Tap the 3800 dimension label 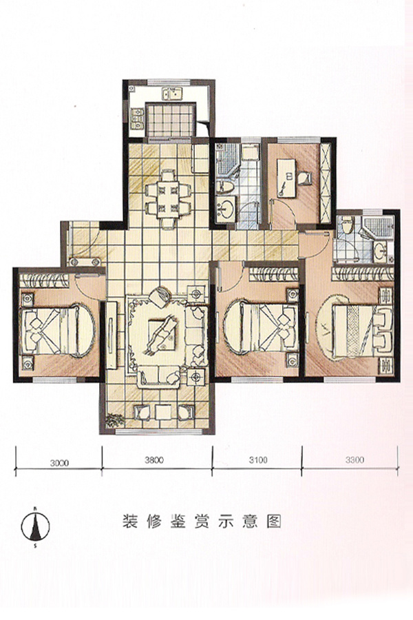[154, 460]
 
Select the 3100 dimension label [258, 460]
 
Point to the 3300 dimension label [354, 460]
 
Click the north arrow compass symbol [35, 526]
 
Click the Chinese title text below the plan [202, 522]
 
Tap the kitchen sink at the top [172, 94]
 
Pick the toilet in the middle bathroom [226, 186]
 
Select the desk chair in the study [304, 178]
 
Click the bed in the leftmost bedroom [58, 331]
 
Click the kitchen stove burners [137, 118]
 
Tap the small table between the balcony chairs [163, 413]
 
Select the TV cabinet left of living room [112, 335]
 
